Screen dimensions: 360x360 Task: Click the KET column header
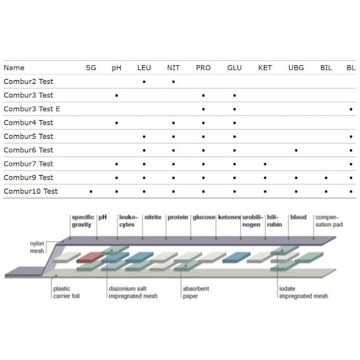pyautogui.click(x=265, y=68)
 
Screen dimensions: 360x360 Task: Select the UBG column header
pyautogui.click(x=296, y=68)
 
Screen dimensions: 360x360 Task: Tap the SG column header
pyautogui.click(x=91, y=68)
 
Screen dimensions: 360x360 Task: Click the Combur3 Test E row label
pyautogui.click(x=32, y=109)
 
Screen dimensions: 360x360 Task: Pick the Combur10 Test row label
pyautogui.click(x=31, y=191)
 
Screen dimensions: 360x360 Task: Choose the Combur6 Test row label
pyautogui.click(x=28, y=150)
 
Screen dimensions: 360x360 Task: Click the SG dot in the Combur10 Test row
pyautogui.click(x=91, y=192)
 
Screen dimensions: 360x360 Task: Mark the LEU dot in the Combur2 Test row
pyautogui.click(x=144, y=82)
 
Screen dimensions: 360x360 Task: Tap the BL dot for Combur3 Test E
pyautogui.click(x=351, y=109)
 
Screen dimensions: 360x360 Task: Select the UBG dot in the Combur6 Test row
pyautogui.click(x=296, y=150)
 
